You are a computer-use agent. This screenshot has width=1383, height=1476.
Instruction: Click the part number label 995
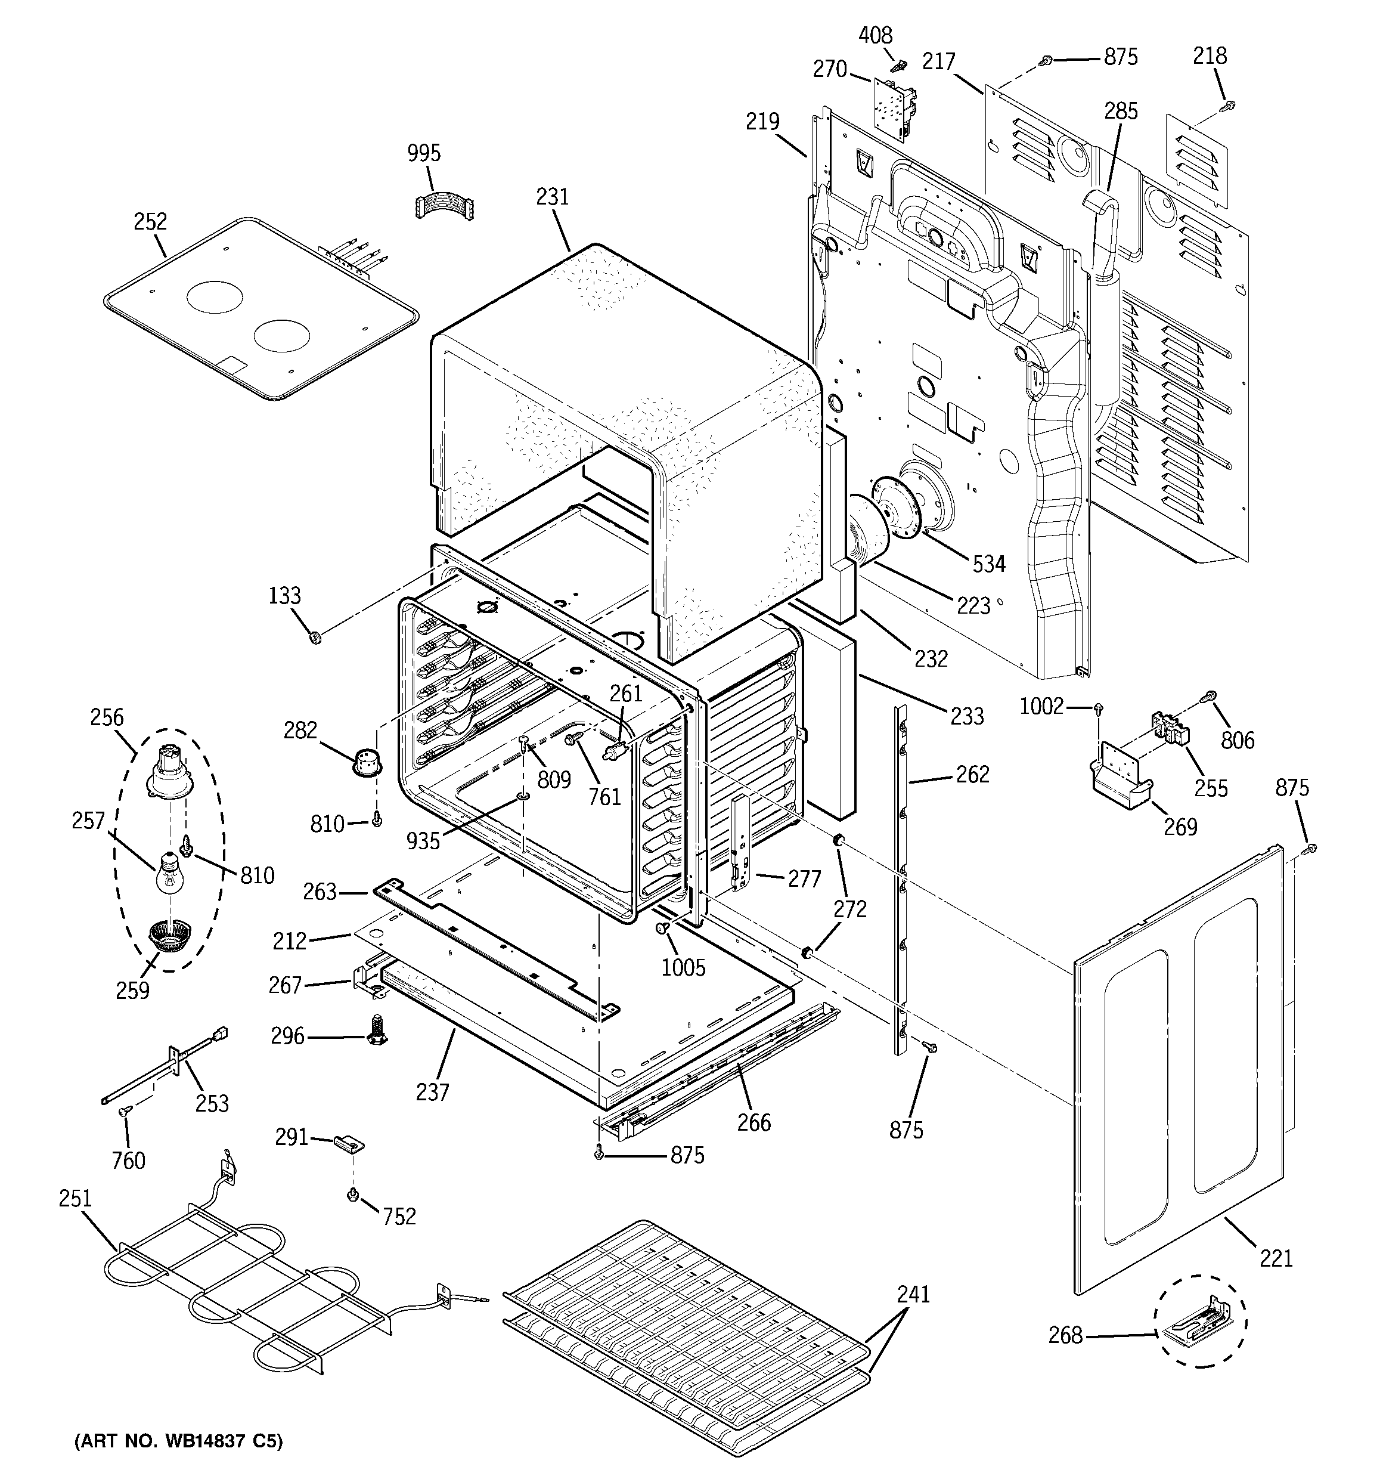click(x=424, y=154)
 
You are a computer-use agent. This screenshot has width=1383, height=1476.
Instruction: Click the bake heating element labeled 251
click(x=245, y=1282)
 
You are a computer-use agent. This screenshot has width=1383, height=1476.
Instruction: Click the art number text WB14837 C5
click(x=178, y=1441)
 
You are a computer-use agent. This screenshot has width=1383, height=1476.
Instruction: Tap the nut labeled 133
click(x=314, y=637)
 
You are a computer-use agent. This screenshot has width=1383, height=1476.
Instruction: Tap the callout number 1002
click(x=1041, y=706)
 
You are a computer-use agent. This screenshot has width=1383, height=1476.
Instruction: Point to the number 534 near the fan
click(x=989, y=564)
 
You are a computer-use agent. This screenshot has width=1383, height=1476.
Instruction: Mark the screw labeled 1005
click(x=662, y=927)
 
